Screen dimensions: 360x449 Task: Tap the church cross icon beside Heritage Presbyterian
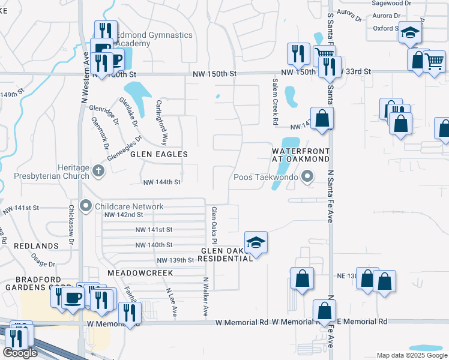(x=99, y=172)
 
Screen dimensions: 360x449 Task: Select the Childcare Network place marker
(x=86, y=206)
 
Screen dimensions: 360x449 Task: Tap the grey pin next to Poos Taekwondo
(x=308, y=176)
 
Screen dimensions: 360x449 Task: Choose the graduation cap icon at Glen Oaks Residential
(x=256, y=242)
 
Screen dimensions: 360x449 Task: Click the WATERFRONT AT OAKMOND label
(x=300, y=155)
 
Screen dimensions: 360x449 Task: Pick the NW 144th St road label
(x=161, y=182)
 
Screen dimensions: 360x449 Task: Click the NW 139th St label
(x=175, y=260)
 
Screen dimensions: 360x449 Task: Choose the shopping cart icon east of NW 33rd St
(x=434, y=60)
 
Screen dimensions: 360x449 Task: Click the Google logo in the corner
(x=20, y=353)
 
